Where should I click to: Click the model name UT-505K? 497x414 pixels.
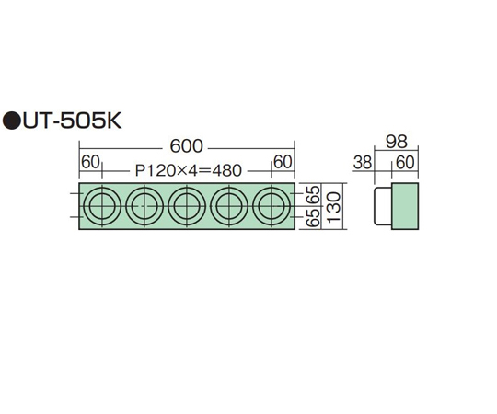pos(72,121)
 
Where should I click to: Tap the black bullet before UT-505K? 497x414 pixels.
pos(11,121)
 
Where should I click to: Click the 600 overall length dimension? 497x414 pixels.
pos(186,146)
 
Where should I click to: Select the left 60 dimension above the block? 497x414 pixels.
pos(90,162)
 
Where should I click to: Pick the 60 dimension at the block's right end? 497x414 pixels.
pos(283,162)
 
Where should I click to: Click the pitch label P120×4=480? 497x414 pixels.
pos(189,171)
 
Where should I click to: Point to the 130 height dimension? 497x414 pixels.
pos(333,206)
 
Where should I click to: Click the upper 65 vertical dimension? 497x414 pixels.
pos(314,194)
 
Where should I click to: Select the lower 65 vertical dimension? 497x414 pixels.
pos(314,218)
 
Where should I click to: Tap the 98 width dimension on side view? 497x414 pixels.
pos(397,142)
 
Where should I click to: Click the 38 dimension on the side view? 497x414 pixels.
pos(363,163)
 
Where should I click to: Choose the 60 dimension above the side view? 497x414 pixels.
pos(405,163)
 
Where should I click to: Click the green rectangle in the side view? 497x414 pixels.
pos(405,206)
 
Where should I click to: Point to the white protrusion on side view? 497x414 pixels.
pos(383,206)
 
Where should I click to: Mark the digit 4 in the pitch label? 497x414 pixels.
pos(192,171)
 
